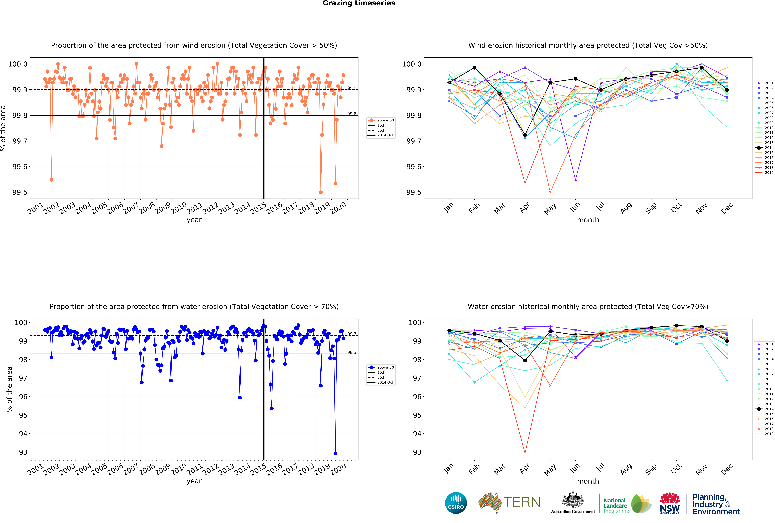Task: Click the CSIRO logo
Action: [456, 503]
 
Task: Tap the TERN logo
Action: [509, 502]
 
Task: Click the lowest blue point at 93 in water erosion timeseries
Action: [335, 453]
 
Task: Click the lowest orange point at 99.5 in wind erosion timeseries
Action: [321, 192]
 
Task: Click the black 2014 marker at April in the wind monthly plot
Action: [525, 135]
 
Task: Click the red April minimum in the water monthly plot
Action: [525, 453]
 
